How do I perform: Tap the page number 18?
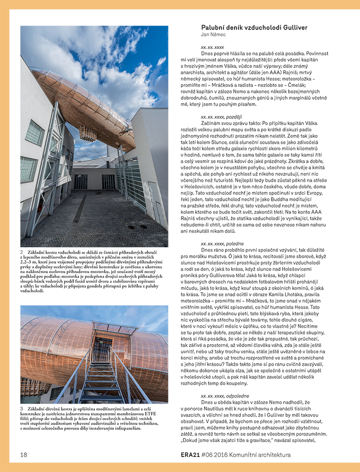coord(23,455)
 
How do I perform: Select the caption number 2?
coord(22,253)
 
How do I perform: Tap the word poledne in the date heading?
coord(234,243)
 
